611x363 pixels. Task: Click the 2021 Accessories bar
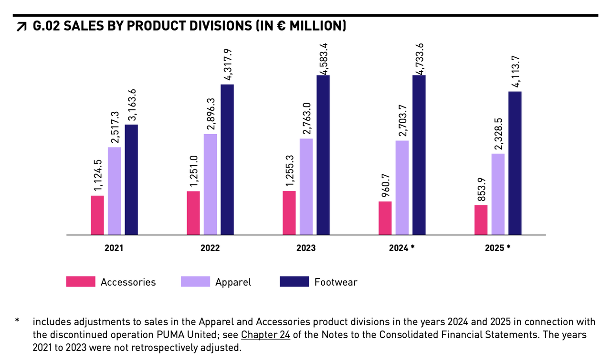[97, 215]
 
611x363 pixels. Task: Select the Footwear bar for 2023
[323, 155]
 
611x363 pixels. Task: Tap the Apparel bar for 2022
[210, 184]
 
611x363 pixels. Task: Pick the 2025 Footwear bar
[515, 163]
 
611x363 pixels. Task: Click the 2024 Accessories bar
[385, 218]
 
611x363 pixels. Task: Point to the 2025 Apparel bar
[498, 194]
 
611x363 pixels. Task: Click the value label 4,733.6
[421, 58]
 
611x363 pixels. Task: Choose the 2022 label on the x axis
[210, 248]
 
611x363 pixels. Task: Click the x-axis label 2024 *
[402, 248]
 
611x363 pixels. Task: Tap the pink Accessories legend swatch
[81, 282]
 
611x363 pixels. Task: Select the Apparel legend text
[233, 282]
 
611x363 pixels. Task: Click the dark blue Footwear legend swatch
[294, 282]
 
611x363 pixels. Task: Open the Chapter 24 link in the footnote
[266, 334]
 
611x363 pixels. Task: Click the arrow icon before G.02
[21, 27]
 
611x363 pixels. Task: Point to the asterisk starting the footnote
[17, 320]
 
